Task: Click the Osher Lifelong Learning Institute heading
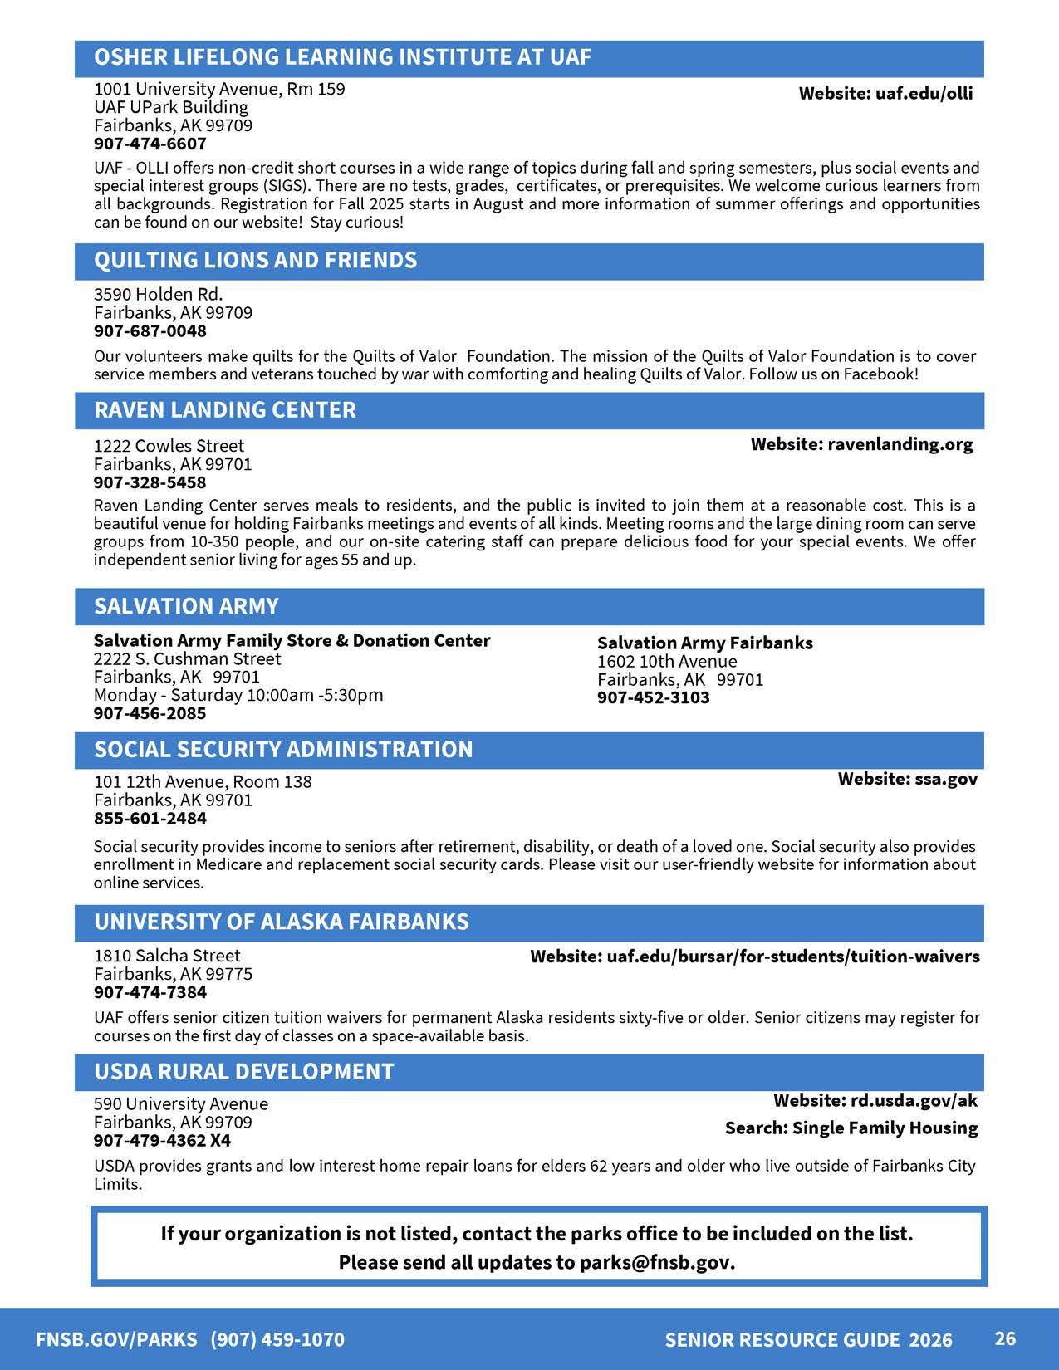tap(342, 57)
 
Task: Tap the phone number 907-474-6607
tap(150, 144)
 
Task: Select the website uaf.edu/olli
tap(885, 93)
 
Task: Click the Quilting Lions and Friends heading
tap(255, 261)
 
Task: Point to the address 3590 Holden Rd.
tap(158, 295)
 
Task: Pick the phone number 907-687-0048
tap(150, 331)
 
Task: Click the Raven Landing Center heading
tap(224, 410)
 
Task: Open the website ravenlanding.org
tap(861, 444)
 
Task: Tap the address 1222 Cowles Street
tap(169, 446)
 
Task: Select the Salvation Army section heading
tap(186, 606)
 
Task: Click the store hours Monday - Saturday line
tap(238, 695)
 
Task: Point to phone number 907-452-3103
tap(653, 697)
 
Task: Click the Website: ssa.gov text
tap(907, 779)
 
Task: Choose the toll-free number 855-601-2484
tap(150, 819)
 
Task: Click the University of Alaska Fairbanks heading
tap(281, 922)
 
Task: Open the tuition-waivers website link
tap(754, 957)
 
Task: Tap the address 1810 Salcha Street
tap(167, 956)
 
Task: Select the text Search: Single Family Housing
tap(851, 1128)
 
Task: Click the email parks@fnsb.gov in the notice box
tap(655, 1263)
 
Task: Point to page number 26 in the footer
tap(1005, 1338)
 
